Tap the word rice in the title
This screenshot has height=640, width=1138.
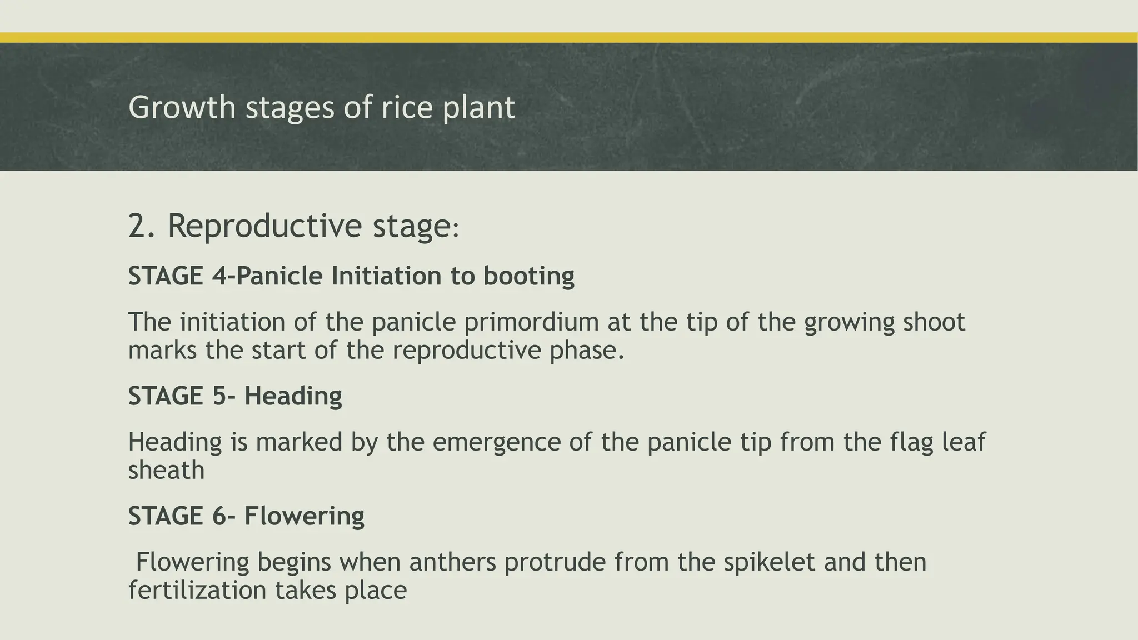coord(406,107)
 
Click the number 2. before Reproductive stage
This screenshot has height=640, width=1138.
coord(141,226)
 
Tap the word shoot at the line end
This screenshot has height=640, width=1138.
coord(934,323)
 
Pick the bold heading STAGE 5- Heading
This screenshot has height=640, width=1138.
coord(234,396)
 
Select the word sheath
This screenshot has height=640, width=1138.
coord(166,471)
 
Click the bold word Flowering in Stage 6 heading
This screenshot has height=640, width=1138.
coord(304,516)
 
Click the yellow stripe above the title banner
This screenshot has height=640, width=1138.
coord(569,37)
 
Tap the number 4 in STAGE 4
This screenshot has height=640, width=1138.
coord(217,276)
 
